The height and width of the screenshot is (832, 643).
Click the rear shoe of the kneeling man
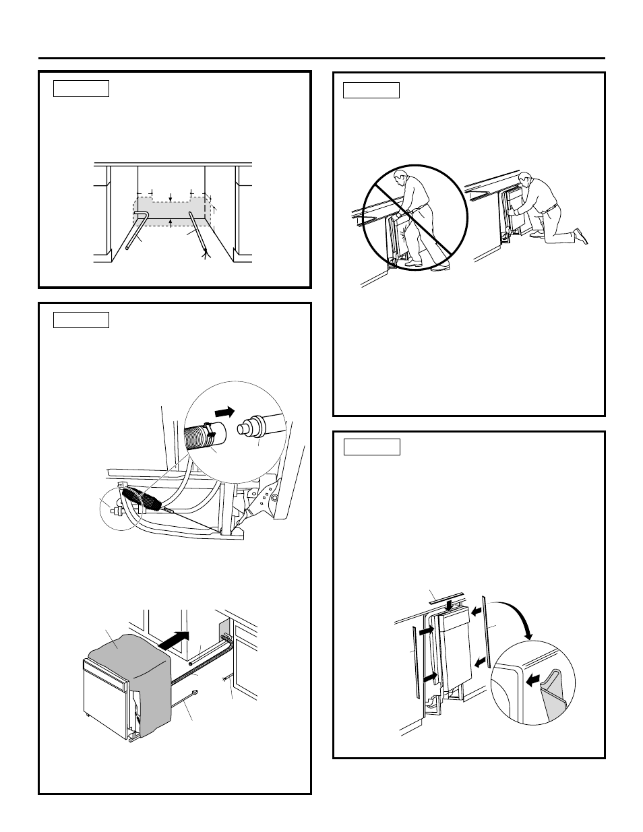click(579, 236)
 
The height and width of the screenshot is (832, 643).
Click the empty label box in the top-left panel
click(81, 88)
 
